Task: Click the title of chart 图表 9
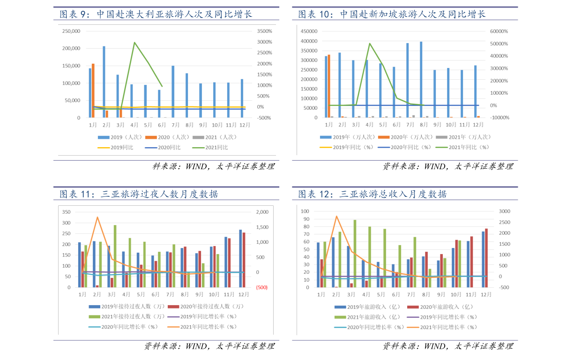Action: pos(156,14)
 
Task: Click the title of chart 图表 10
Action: pos(392,14)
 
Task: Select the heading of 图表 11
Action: pos(139,194)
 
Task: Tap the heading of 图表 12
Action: pos(373,194)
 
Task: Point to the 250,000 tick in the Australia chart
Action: pos(71,31)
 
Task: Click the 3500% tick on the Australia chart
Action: pos(264,31)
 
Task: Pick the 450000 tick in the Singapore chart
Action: pos(309,31)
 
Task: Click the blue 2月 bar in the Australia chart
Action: pos(104,82)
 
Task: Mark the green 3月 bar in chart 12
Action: pos(355,253)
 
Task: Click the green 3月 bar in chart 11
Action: pos(115,256)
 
